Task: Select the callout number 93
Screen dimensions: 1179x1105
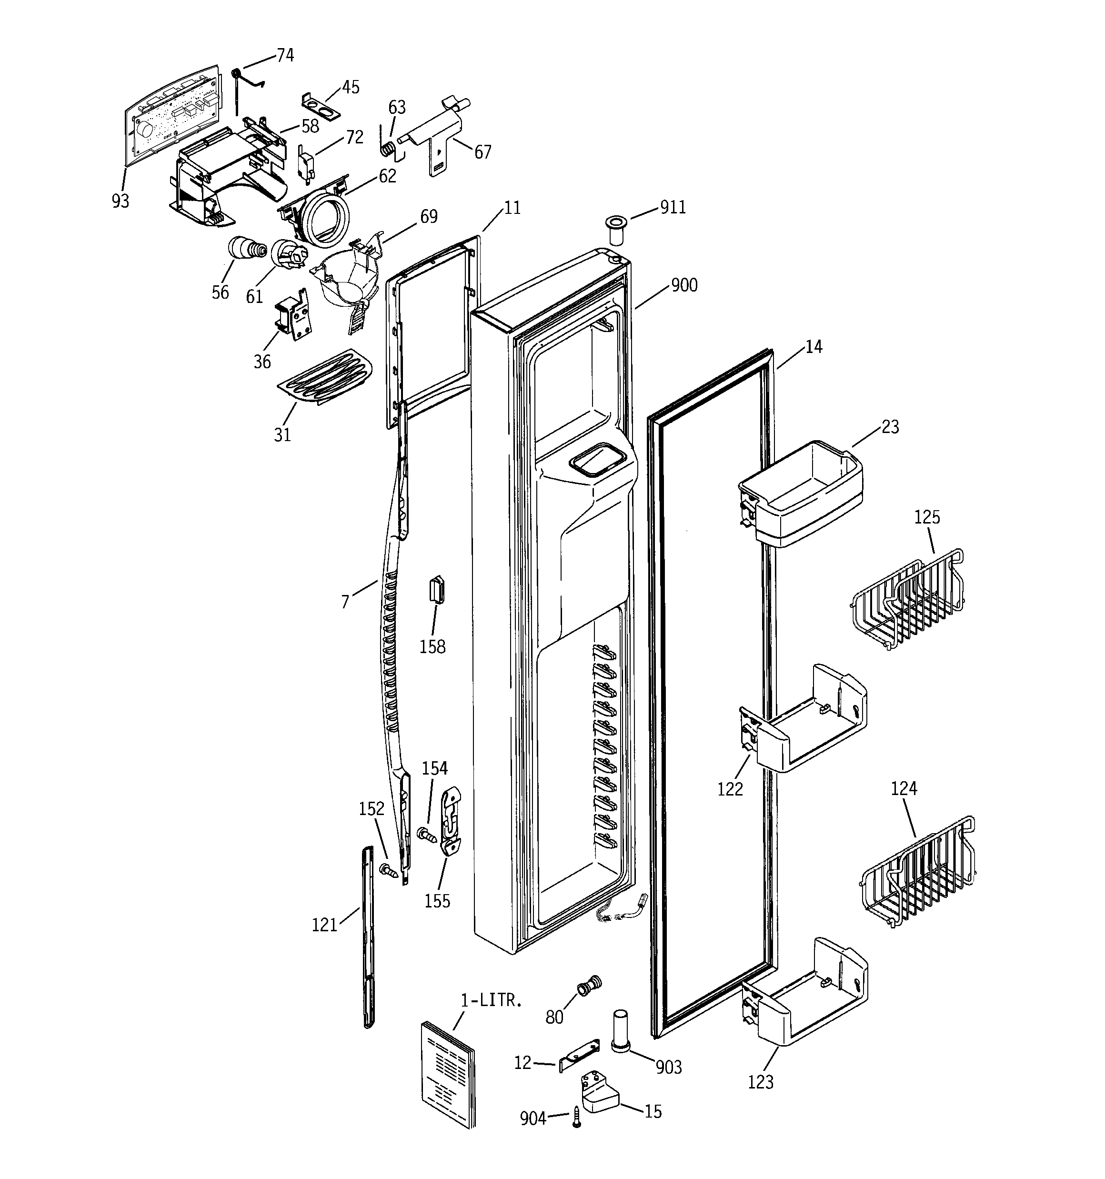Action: [121, 202]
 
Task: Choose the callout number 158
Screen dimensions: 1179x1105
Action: [432, 647]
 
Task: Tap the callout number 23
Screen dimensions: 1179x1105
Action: [890, 427]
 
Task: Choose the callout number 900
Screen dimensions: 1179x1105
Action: [684, 286]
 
